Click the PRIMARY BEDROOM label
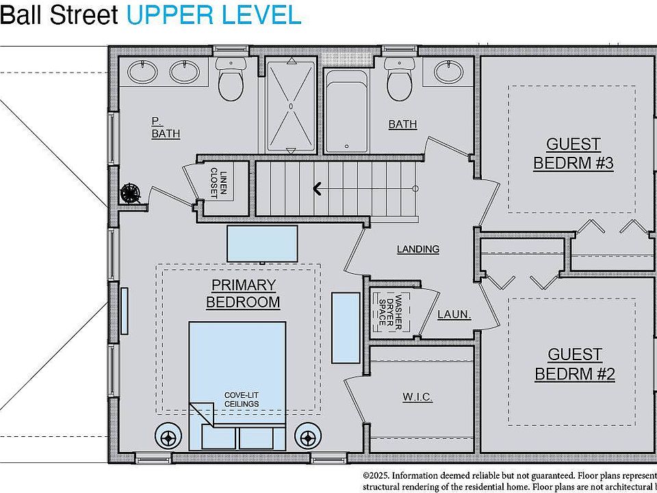coord(243,293)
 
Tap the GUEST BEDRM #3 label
coord(573,153)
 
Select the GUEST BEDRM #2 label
coord(574,364)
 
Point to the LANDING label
coord(417,249)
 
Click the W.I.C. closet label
coord(417,397)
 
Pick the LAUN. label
coord(454,315)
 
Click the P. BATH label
coord(166,127)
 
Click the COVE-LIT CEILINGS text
coord(242,399)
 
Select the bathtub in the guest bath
coord(347,111)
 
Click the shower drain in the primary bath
coord(291,107)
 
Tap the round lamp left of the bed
coord(168,435)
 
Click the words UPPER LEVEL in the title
coord(214,15)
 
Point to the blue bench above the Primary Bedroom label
coord(262,243)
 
